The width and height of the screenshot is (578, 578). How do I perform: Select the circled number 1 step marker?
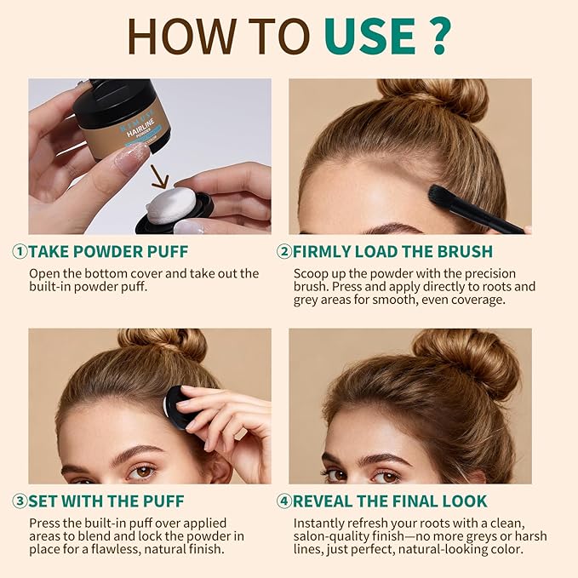20,251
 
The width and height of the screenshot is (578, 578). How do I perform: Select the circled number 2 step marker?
283,251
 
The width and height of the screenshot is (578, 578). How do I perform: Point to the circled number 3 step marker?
20,501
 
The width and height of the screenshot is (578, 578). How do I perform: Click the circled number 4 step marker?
283,501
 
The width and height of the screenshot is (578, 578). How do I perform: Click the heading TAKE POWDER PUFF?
108,251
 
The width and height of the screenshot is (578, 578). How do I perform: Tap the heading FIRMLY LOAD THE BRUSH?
392,251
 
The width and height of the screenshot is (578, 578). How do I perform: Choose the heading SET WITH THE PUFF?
106,501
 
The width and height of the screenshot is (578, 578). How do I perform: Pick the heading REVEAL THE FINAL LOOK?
391,501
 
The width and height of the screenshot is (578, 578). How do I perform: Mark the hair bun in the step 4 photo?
465,358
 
